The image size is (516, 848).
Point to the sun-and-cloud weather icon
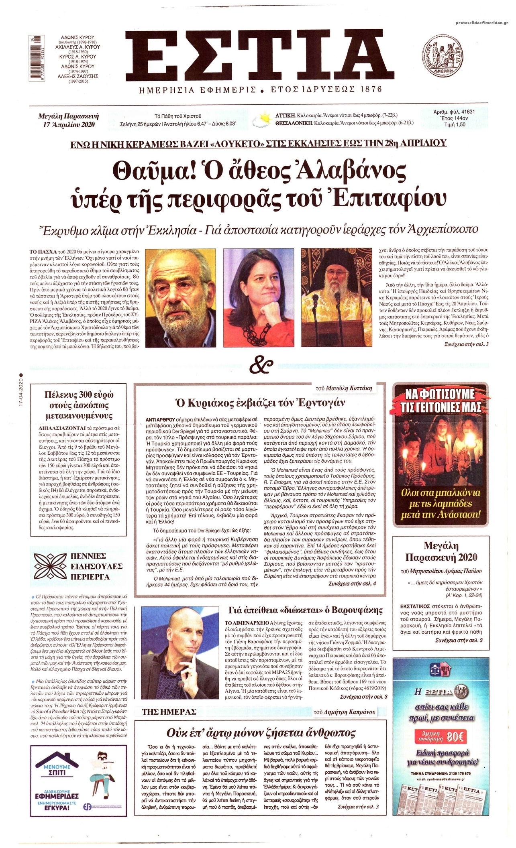click(263, 119)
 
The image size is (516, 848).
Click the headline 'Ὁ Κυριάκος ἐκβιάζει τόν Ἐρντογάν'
click(259, 403)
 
